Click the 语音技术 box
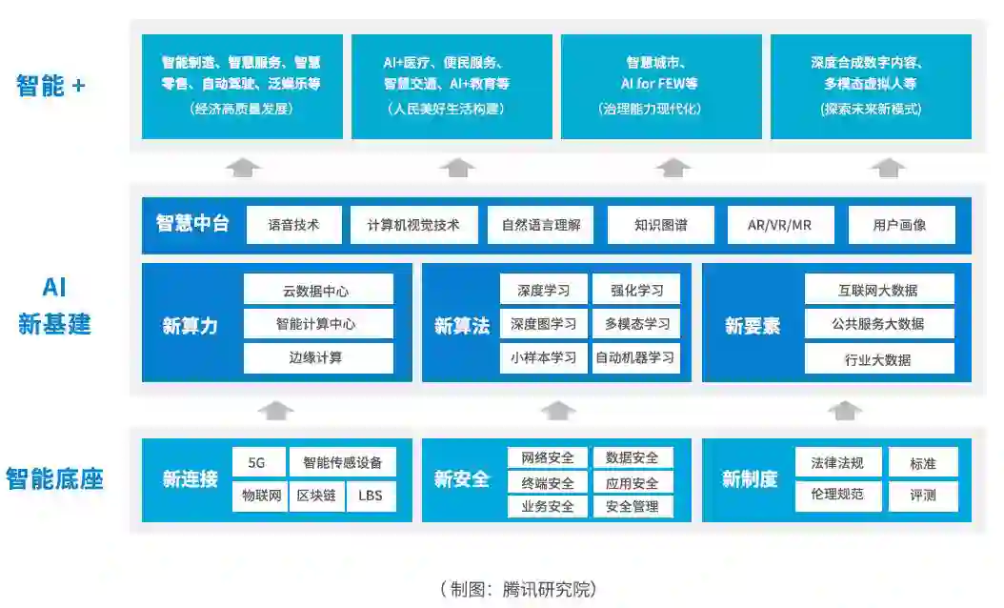tap(293, 226)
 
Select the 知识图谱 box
tap(660, 226)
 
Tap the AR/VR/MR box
tap(780, 226)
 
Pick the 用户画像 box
tap(899, 226)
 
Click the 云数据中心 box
tap(318, 290)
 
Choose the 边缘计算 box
tap(318, 358)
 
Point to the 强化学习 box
tap(635, 290)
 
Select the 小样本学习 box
tap(543, 358)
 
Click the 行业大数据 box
tap(878, 359)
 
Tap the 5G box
tap(257, 463)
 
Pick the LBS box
tap(371, 496)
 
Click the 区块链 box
tap(315, 496)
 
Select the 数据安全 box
tap(633, 457)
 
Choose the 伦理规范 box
tap(837, 496)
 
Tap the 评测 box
tap(922, 496)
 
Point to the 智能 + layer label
tap(50, 86)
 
